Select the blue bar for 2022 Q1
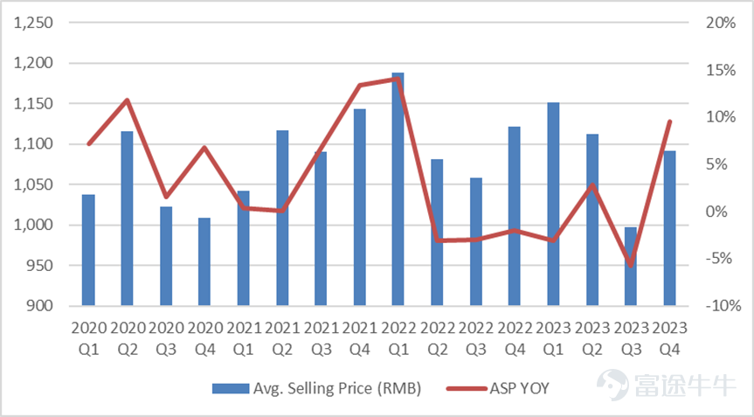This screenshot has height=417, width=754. pos(398,189)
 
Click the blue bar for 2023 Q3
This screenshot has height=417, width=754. pos(631,267)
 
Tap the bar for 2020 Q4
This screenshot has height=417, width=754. pos(204,261)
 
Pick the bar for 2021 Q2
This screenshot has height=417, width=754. pos(282,218)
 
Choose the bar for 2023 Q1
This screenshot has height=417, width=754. pos(553,204)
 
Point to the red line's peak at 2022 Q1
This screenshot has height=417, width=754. pos(398,79)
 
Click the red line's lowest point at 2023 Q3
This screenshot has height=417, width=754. pos(631,266)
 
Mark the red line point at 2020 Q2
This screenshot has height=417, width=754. pos(128,100)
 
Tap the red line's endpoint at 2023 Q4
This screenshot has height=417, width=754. pos(670,122)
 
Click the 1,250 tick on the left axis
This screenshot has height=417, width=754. pos(33,23)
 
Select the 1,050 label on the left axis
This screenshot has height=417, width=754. pos(33,184)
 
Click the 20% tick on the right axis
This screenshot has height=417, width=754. pos(721,23)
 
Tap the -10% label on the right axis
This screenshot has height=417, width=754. pos(723,306)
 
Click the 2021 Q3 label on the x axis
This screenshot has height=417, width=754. pos(321,338)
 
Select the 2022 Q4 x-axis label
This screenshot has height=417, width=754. pos(515,338)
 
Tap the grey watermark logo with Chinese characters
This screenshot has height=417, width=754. pos(666,385)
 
